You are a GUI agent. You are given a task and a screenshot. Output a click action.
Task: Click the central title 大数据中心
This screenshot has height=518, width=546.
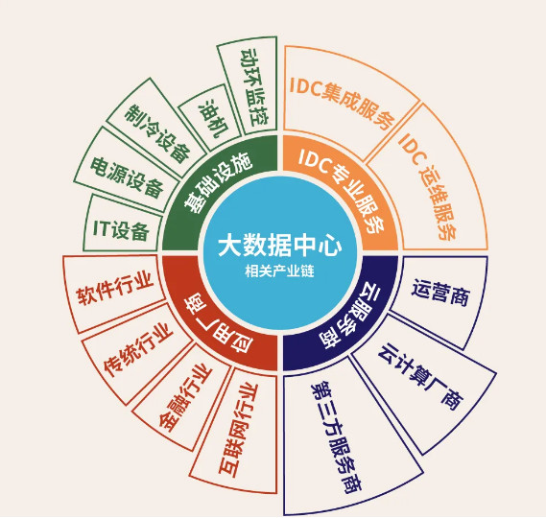click(x=279, y=247)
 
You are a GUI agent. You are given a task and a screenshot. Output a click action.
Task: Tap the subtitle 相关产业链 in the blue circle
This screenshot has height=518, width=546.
click(x=279, y=271)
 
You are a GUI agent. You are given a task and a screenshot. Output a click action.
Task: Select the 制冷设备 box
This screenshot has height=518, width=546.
click(x=156, y=128)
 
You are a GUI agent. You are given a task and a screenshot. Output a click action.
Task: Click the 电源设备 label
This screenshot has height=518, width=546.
click(x=127, y=177)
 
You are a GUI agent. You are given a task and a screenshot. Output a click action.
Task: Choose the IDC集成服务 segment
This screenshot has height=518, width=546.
click(x=344, y=101)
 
